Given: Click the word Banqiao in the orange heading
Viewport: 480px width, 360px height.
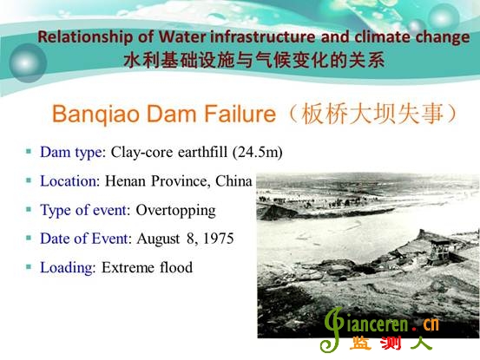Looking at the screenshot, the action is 95,115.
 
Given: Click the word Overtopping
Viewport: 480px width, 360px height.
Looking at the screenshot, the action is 175,211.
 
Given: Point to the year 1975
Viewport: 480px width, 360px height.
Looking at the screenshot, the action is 219,239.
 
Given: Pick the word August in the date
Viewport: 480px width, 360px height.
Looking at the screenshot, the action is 158,239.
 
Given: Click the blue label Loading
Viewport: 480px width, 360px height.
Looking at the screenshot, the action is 66,268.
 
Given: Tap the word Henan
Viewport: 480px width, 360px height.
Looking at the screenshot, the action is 125,181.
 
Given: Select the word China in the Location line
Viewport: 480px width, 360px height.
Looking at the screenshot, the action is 233,181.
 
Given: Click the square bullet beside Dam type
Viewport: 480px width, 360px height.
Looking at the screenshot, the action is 29,151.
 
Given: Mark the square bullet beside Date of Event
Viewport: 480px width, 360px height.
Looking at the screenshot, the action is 29,238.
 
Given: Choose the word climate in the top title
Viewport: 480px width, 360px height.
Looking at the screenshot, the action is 383,36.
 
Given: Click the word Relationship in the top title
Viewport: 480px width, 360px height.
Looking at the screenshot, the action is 85,37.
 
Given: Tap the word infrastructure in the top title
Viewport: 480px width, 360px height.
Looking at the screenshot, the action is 263,36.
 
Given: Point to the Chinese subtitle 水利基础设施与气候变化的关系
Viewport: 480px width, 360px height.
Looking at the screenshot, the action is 254,60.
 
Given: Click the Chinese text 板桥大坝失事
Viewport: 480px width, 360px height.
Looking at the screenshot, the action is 372,114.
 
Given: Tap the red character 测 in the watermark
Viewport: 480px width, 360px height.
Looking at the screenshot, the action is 391,344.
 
